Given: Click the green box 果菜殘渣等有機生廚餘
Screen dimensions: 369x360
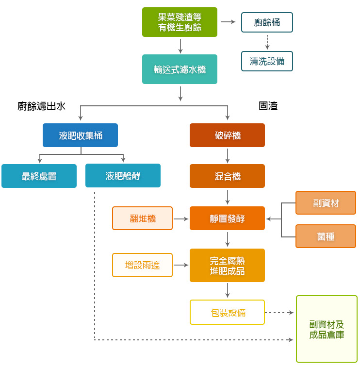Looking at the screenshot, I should pos(180,22).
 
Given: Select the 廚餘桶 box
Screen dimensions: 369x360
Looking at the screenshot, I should pos(267,22).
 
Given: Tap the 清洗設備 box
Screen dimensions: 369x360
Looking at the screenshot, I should pos(267,61).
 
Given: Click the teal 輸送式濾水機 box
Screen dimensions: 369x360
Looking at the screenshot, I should pos(180,69).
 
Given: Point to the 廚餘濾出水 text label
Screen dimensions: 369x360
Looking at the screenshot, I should pos(41,106).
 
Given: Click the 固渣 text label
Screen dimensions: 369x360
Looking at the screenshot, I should pos(268,106).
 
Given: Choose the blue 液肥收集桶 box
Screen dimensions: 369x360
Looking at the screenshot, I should pos(80,135).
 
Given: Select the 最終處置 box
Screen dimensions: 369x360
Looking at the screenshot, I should pos(39,176).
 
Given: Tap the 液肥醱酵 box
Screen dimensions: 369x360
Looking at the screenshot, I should pos(123,176).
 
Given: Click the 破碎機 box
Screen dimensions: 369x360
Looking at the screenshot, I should pos(227,135).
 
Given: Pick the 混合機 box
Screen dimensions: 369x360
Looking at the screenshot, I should pos(227,176).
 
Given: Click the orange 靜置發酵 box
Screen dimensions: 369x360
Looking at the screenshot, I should pos(227,218).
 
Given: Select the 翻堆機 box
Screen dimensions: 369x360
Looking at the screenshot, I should pos(142,218).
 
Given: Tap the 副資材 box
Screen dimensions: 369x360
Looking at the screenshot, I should pos(326,203).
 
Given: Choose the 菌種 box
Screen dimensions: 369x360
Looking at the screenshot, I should pos(326,236).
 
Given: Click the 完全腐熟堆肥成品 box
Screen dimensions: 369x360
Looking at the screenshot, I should pos(227,266).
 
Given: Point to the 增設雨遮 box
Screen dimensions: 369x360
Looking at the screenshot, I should pos(142,265).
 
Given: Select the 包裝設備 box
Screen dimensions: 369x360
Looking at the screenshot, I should pos(227,312).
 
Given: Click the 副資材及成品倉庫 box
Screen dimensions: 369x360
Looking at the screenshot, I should pos(327,329).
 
